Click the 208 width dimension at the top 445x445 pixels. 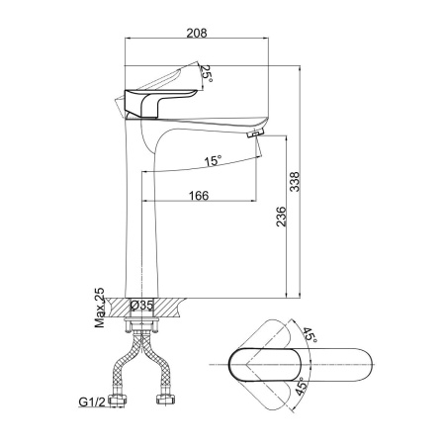click(197, 33)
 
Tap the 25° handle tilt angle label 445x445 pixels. click(207, 73)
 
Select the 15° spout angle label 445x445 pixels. click(213, 161)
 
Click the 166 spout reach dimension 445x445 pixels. click(199, 196)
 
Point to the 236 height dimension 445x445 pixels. click(281, 217)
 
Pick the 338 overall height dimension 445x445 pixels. click(294, 182)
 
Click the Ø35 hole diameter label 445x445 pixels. click(142, 306)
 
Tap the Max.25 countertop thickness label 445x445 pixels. click(99, 308)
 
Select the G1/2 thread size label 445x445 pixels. click(92, 401)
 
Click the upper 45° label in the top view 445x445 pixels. click(310, 334)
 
